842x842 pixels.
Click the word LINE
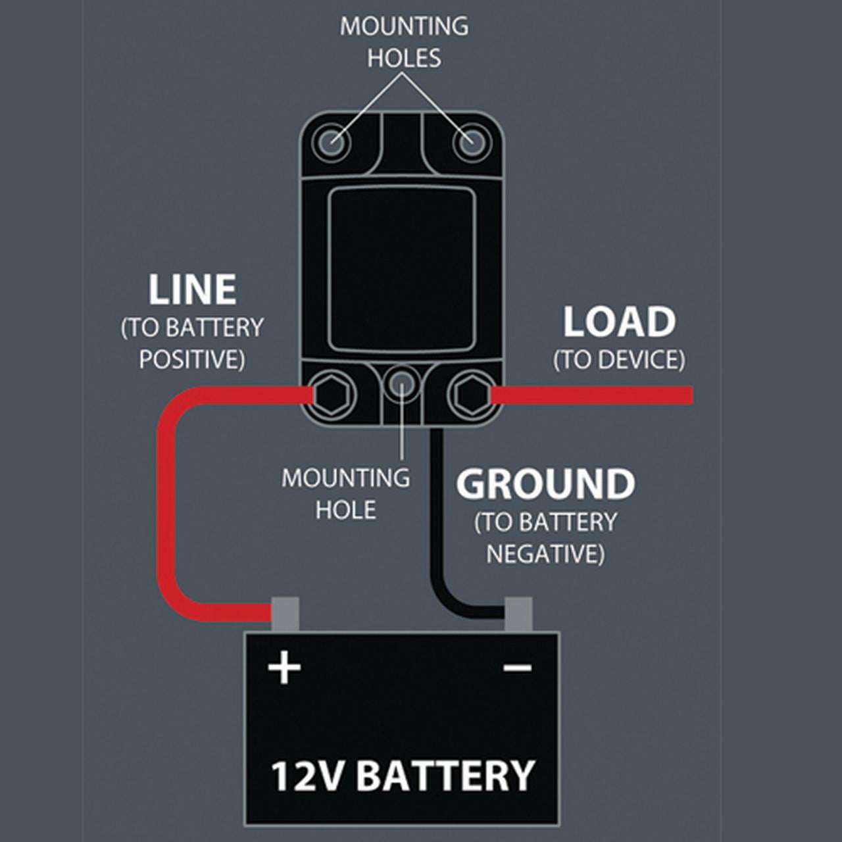(x=192, y=290)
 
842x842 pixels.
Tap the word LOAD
(x=619, y=322)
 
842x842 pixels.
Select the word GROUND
(x=545, y=484)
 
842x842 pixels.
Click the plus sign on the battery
(x=284, y=668)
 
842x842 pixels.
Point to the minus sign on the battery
(x=518, y=668)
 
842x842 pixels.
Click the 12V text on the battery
(x=307, y=776)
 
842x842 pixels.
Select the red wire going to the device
(x=592, y=395)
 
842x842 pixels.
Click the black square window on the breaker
(x=401, y=270)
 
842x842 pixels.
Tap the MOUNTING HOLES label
(x=404, y=42)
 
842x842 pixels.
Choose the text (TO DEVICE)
(x=619, y=360)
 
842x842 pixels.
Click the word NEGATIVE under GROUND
(x=545, y=554)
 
